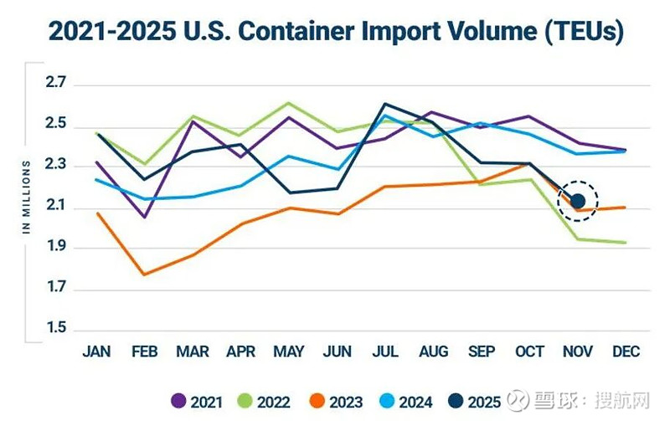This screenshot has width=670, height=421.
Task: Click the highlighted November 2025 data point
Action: [x=577, y=201]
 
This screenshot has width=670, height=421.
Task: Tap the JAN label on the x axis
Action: [x=97, y=352]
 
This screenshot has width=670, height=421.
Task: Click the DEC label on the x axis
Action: [x=625, y=352]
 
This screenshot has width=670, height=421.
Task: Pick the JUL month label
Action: [x=384, y=352]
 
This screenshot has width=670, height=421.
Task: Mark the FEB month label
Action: [x=145, y=352]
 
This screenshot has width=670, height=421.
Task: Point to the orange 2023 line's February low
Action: [x=145, y=275]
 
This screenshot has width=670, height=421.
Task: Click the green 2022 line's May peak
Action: [x=289, y=103]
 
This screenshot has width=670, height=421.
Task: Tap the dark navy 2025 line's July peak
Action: [x=384, y=104]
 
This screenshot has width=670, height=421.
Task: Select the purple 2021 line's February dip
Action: [x=145, y=218]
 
